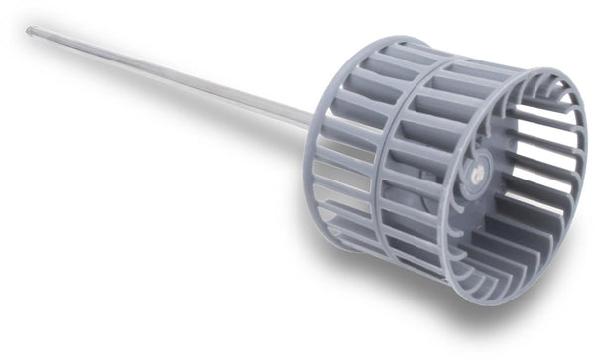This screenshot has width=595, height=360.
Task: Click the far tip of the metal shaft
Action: tap(30, 31)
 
